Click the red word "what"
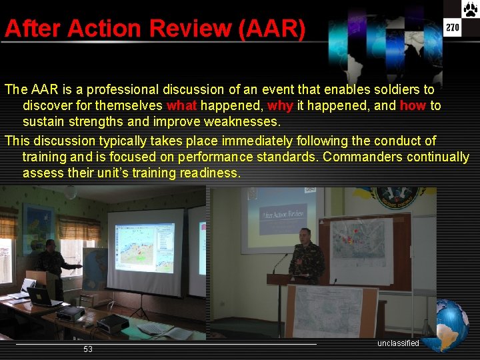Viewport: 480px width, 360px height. [x=181, y=106]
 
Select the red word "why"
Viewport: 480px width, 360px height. [x=280, y=106]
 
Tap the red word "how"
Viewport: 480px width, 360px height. [x=413, y=106]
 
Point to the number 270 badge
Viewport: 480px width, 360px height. [x=453, y=27]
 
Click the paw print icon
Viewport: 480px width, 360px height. [x=470, y=9]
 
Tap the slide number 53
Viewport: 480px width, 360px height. [x=88, y=349]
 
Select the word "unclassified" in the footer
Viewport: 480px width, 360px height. [x=398, y=343]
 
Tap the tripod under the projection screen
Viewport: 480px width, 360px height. [x=141, y=308]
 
